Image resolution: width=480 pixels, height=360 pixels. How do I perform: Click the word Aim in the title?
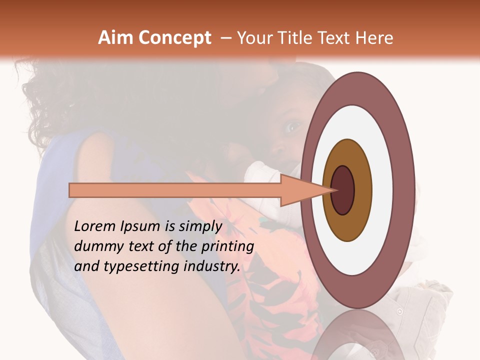(x=114, y=38)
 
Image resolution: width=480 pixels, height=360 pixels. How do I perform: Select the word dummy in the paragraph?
(x=96, y=246)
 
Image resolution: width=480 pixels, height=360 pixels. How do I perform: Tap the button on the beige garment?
(x=399, y=311)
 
